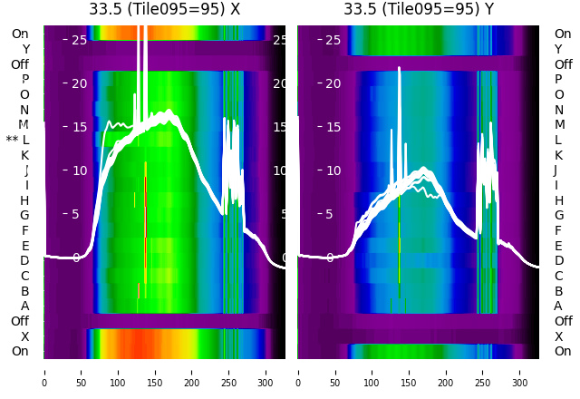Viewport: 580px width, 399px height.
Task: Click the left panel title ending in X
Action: tap(164, 9)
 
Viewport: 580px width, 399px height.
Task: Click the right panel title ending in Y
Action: tap(419, 9)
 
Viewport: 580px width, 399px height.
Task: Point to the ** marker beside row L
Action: tap(12, 141)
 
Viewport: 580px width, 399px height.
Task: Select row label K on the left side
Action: tap(24, 155)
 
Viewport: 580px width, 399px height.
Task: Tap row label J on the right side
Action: tap(556, 170)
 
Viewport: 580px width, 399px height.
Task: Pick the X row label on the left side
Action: tap(24, 336)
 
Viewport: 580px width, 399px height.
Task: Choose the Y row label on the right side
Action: tap(558, 49)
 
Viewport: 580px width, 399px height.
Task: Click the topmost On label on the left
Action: tap(20, 34)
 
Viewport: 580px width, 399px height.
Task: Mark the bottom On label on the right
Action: tap(563, 351)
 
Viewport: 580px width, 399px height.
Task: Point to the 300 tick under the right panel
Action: tap(520, 371)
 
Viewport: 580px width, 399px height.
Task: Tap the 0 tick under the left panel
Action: tap(43, 371)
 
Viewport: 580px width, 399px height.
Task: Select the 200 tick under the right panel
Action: tap(446, 371)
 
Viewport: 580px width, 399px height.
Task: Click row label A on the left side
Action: tap(24, 306)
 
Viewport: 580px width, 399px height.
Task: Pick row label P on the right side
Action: tap(558, 79)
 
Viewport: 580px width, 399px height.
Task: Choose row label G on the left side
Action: tap(24, 215)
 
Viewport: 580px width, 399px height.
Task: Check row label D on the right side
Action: tap(558, 260)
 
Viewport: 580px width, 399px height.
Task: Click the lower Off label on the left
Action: tap(20, 321)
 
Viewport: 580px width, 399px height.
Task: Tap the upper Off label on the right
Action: tap(563, 64)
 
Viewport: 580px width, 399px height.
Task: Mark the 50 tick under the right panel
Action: tap(335, 371)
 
